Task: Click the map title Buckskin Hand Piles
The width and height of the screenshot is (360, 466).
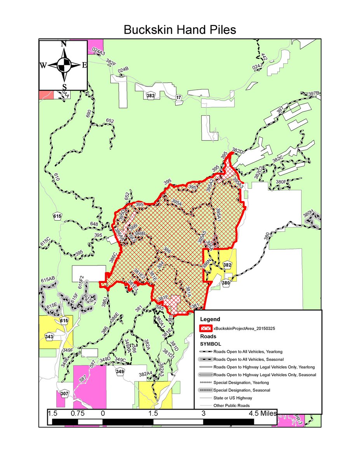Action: (x=180, y=30)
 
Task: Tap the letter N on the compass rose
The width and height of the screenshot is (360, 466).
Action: (x=63, y=44)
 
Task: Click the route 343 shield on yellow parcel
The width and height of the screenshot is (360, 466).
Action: (x=49, y=336)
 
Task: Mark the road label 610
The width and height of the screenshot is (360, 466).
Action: (x=57, y=177)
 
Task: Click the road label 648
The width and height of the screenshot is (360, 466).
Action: (x=94, y=224)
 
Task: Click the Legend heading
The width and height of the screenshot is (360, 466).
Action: (x=210, y=319)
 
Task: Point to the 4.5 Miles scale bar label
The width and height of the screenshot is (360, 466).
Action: (x=263, y=414)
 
